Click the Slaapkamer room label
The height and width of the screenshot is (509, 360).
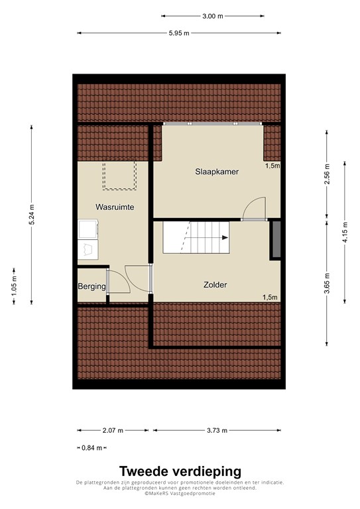[217, 172]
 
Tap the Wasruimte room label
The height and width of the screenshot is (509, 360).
[115, 207]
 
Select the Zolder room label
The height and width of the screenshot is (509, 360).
[215, 285]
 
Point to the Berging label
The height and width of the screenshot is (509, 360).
[91, 286]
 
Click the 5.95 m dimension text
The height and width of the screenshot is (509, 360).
[179, 33]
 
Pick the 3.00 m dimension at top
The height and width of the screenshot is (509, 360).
[213, 16]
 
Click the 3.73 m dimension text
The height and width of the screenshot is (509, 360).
[217, 430]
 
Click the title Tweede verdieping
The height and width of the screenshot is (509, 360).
[180, 471]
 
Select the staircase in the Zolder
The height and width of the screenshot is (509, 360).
[196, 237]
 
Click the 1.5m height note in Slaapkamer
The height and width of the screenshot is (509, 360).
[272, 166]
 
